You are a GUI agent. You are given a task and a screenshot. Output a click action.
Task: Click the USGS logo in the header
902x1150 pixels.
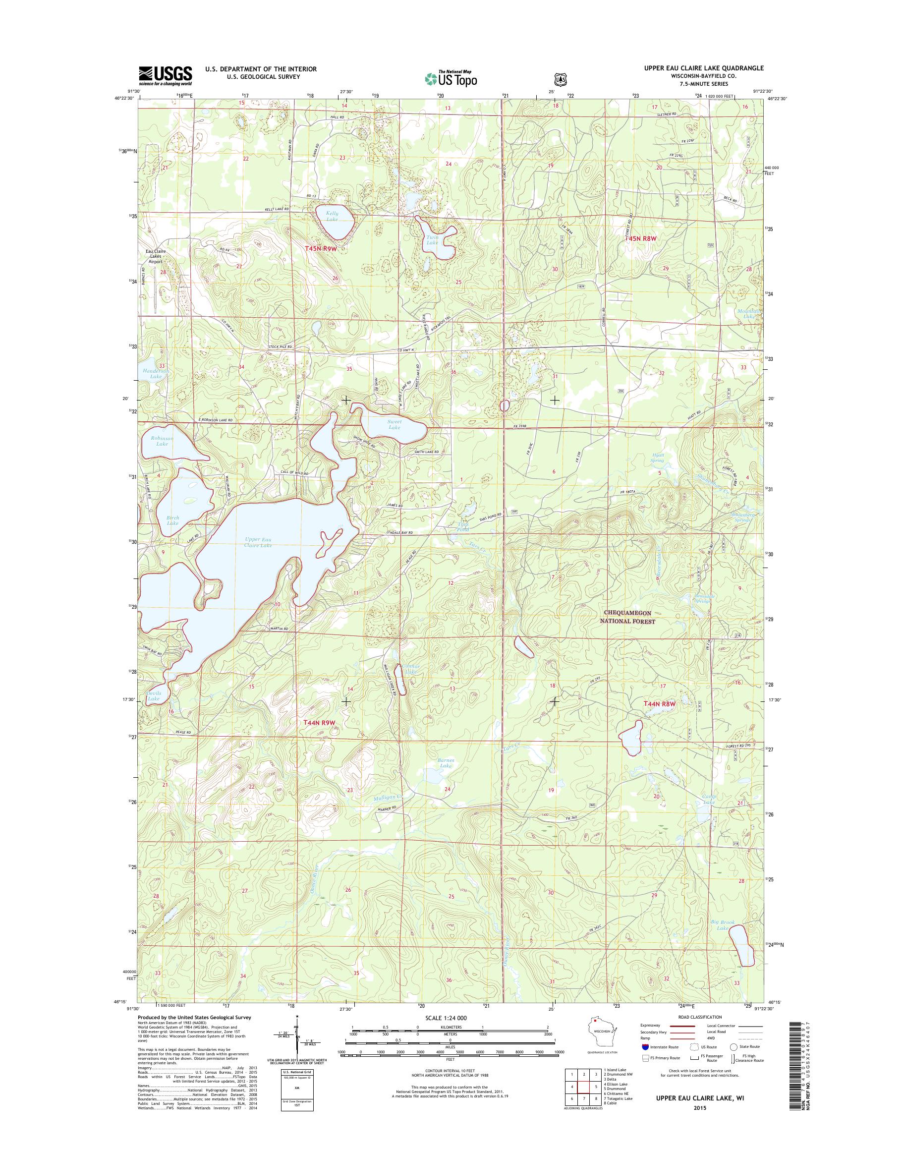tap(166, 75)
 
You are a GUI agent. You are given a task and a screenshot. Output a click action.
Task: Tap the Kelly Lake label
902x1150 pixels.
tap(332, 216)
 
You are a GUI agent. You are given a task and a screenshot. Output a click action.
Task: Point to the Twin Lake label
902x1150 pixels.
tap(432, 240)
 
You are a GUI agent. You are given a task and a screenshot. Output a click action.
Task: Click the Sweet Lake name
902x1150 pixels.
tap(395, 424)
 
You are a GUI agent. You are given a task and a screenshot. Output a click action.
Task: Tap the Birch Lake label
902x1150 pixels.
tap(172, 520)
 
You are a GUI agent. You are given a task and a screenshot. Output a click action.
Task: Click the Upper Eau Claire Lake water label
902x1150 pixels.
tap(258, 542)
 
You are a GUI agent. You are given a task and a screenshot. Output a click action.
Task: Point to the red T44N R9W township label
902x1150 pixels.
tap(319, 722)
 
